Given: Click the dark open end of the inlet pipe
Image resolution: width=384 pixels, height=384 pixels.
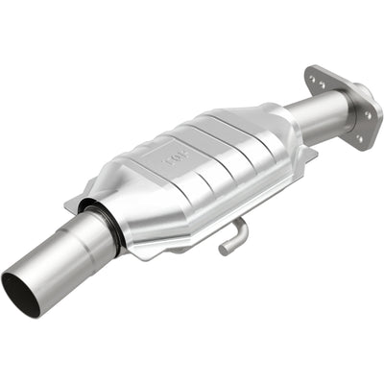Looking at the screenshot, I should (20, 292).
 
